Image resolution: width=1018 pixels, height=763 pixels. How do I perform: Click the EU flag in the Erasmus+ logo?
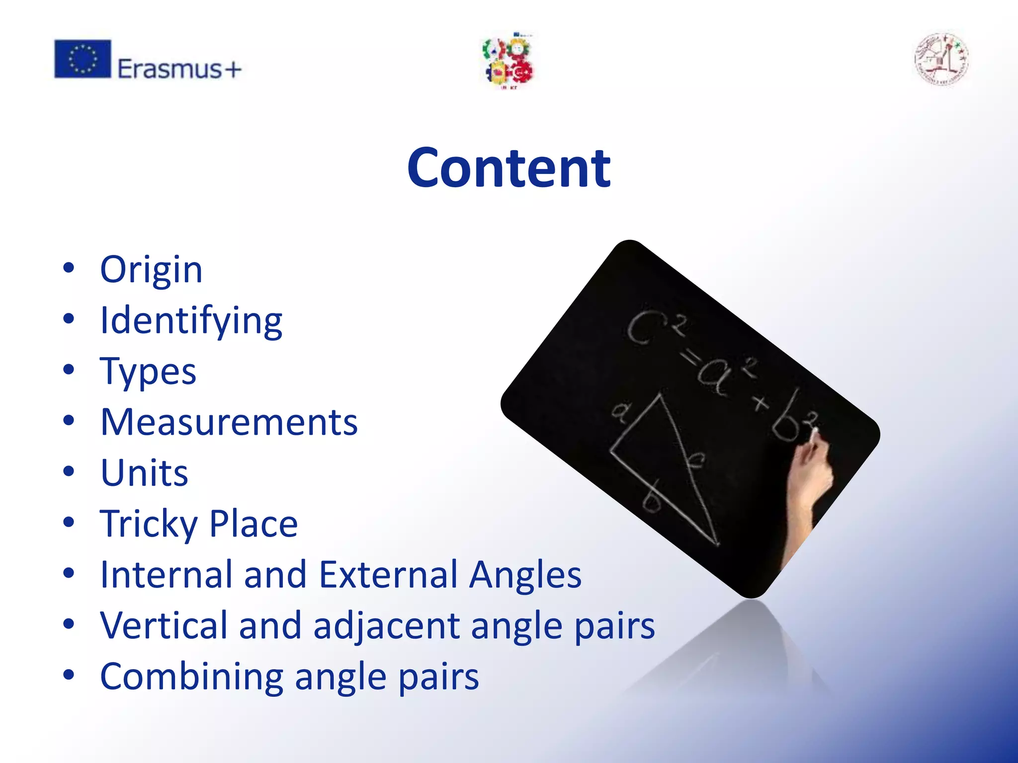(83, 59)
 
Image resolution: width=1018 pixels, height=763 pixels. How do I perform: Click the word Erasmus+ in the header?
(179, 69)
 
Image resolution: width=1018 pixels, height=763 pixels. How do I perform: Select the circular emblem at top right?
(941, 60)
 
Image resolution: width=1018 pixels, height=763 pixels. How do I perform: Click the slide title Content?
(509, 168)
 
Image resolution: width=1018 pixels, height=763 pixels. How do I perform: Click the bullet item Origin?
(151, 270)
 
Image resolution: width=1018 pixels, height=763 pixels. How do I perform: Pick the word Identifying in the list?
(191, 321)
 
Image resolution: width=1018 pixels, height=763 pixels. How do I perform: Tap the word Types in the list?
(148, 372)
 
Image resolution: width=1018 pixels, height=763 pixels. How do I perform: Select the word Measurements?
(229, 422)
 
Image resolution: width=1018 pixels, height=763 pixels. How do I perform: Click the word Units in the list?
(144, 473)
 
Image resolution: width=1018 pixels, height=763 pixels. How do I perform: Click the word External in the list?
(388, 575)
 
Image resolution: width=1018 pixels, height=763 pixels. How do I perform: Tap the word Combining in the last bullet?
(192, 677)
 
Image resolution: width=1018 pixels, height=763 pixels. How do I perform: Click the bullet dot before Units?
(69, 472)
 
